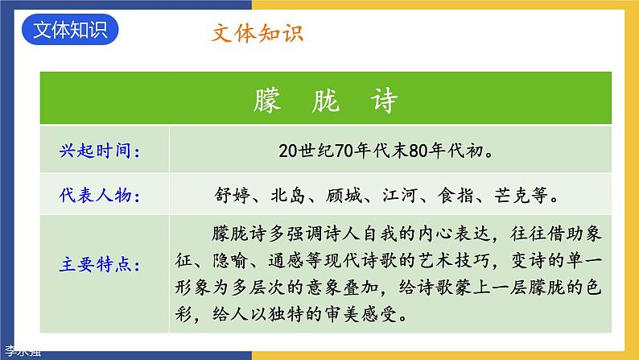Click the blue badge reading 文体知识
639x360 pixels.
71,30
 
